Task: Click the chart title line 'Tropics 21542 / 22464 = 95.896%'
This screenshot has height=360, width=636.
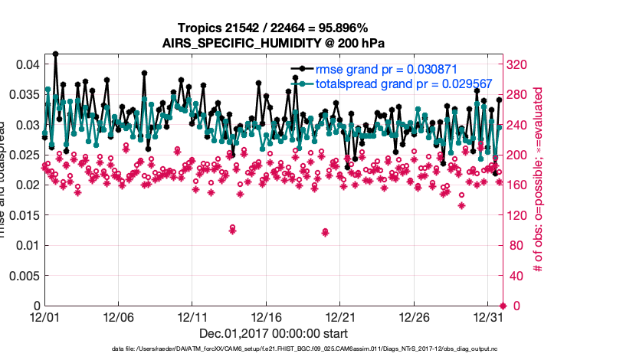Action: [273, 28]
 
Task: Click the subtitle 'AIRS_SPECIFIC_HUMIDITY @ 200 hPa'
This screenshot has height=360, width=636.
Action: [273, 43]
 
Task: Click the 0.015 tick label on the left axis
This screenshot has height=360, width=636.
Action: [23, 215]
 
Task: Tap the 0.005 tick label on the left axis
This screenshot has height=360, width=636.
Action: [23, 276]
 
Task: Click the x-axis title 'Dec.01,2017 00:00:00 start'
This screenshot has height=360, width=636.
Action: [273, 333]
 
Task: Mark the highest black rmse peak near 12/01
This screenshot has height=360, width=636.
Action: [56, 54]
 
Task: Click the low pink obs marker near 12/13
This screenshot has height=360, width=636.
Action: [232, 229]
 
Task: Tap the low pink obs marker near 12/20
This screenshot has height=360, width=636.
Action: [326, 232]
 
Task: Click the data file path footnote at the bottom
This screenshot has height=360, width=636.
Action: [273, 350]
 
